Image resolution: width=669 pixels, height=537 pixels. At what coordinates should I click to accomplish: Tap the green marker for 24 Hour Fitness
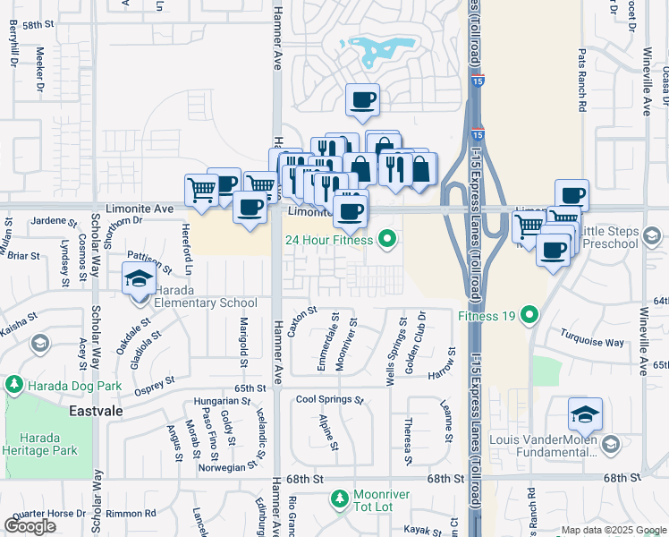[386, 238]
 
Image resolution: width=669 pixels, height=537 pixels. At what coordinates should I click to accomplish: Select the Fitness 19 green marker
[529, 314]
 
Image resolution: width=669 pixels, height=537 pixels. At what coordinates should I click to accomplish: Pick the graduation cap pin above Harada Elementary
[140, 280]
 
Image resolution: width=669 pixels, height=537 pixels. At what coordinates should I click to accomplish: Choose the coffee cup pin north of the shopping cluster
[362, 101]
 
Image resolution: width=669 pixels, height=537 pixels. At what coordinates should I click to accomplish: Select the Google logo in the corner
[30, 526]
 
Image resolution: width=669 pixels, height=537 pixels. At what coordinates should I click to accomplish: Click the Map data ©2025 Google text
[613, 530]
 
